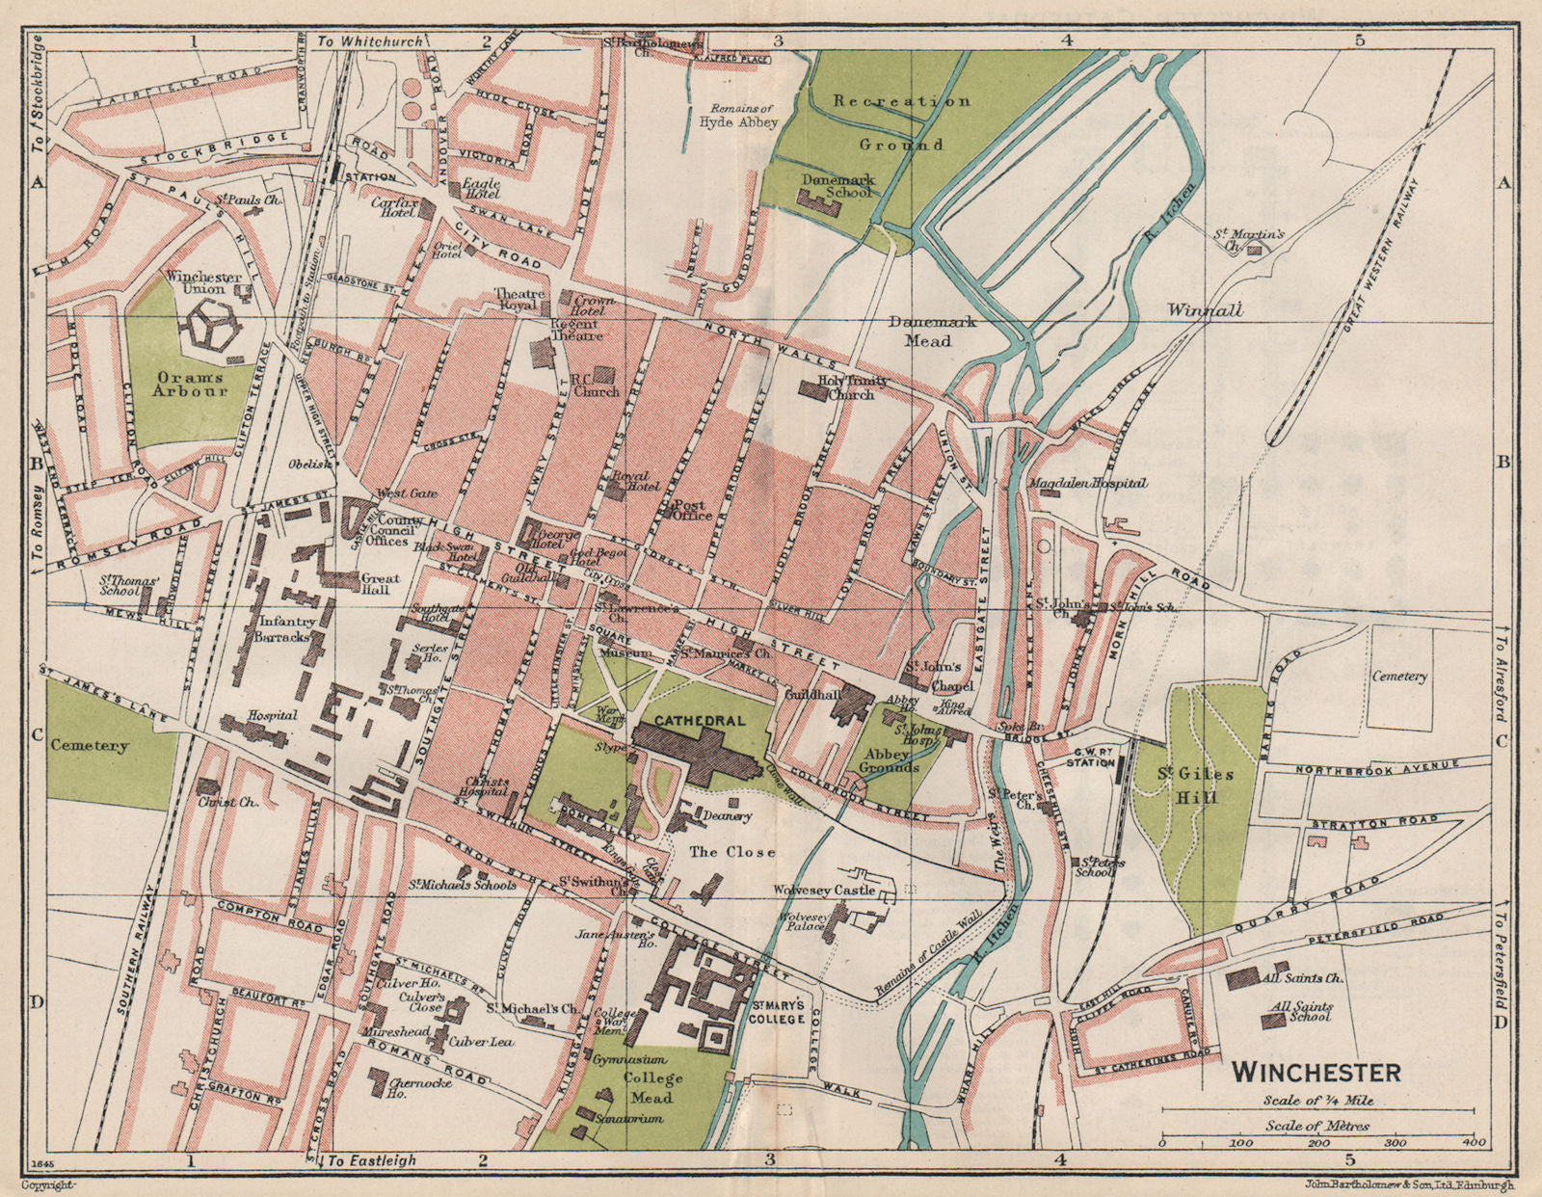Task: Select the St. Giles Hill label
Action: [x=1194, y=785]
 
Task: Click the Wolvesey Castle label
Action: [x=825, y=890]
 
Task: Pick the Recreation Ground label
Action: [x=902, y=121]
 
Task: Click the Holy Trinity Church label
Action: [x=852, y=387]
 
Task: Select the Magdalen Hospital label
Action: [x=1088, y=483]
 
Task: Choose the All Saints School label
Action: [x=1300, y=1010]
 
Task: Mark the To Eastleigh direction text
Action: [x=372, y=1161]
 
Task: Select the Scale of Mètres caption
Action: [x=1317, y=1125]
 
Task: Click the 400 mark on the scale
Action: [x=1471, y=1143]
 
